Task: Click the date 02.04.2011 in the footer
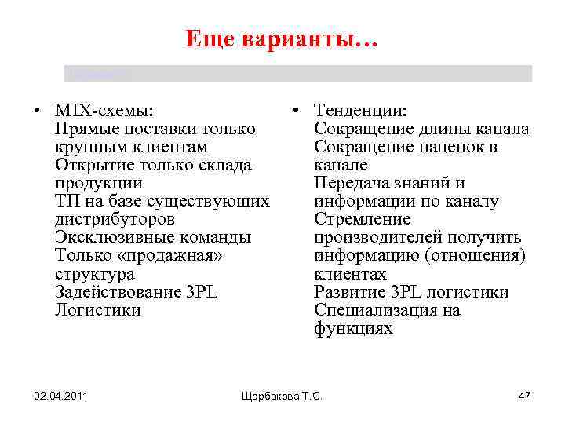point(60,396)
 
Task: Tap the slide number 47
point(524,396)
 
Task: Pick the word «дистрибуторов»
point(115,219)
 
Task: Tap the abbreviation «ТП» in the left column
point(66,201)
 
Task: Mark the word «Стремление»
point(362,219)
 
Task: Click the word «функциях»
point(353,328)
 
